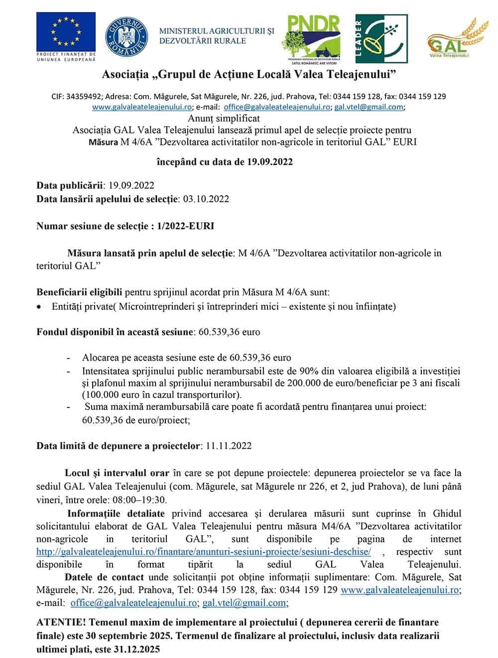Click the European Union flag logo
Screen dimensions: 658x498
pyautogui.click(x=66, y=31)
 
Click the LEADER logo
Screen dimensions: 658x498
pyautogui.click(x=381, y=38)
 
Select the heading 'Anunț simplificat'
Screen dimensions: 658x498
pyautogui.click(x=224, y=119)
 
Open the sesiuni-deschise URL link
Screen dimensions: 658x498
pyautogui.click(x=204, y=552)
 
